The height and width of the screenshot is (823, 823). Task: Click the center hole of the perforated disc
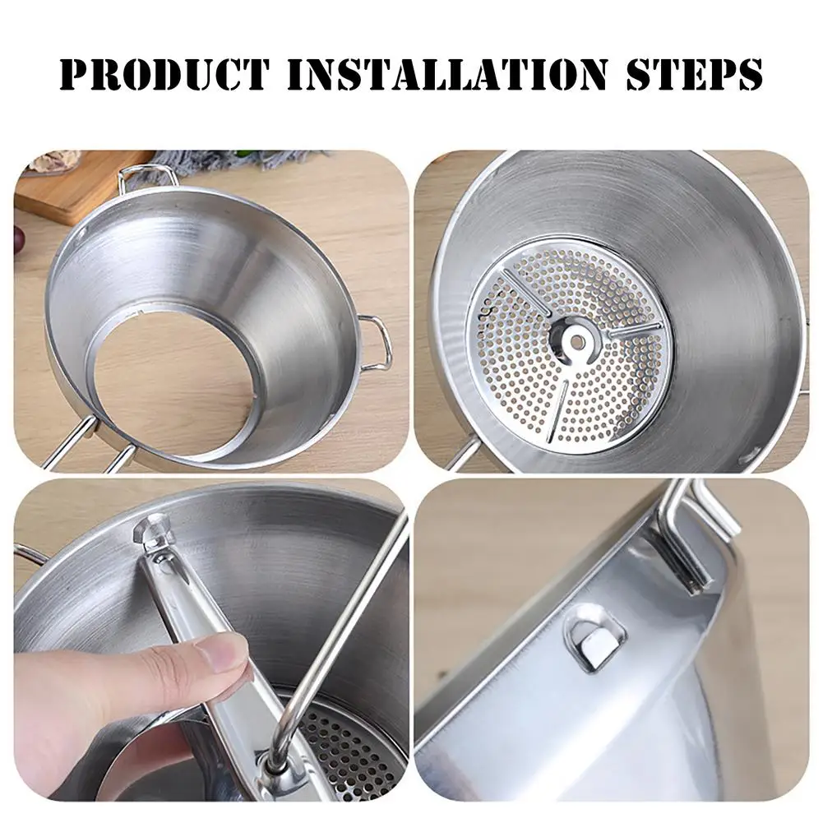[575, 338]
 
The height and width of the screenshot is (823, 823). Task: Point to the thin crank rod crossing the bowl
[345, 625]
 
